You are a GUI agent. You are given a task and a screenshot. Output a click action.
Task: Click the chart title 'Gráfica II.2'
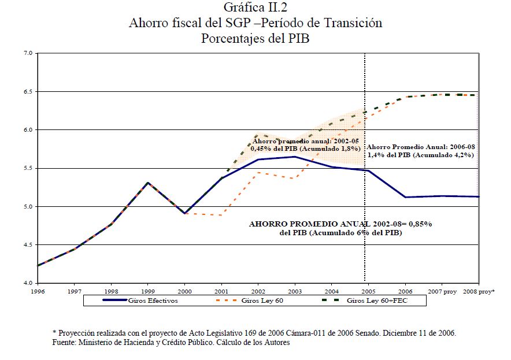(x=256, y=8)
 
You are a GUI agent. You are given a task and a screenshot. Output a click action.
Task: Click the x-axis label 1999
(x=148, y=291)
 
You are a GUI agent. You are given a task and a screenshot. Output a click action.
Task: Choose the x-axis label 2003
(x=295, y=291)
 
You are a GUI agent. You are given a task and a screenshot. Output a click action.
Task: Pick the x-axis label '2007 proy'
(x=443, y=291)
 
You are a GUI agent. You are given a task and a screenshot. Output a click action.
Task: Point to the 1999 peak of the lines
(x=148, y=183)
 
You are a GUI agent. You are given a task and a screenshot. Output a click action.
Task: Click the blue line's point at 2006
(x=406, y=197)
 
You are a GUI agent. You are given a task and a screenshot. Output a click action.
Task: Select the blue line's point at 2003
(x=295, y=157)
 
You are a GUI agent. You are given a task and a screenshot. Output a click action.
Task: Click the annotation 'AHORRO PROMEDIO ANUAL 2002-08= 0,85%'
(x=340, y=223)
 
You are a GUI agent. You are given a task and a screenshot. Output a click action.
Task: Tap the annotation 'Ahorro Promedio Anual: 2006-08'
(x=421, y=147)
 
